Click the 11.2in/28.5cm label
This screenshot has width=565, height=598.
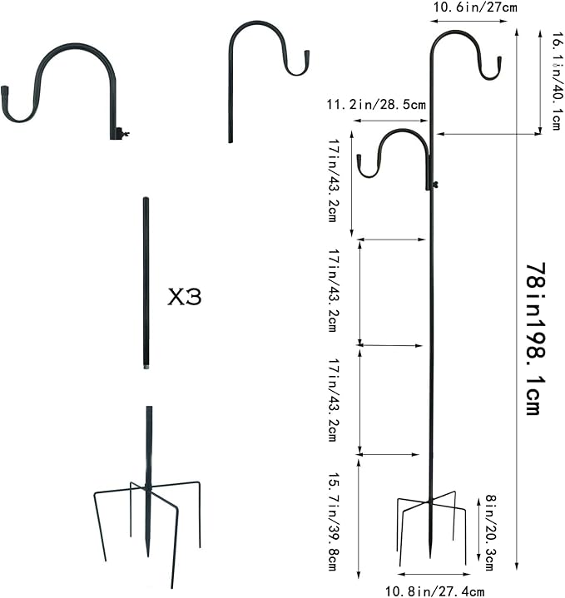tap(375, 106)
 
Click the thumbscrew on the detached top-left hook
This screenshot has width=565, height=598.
tap(123, 132)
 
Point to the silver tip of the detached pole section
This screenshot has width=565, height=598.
tap(146, 364)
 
